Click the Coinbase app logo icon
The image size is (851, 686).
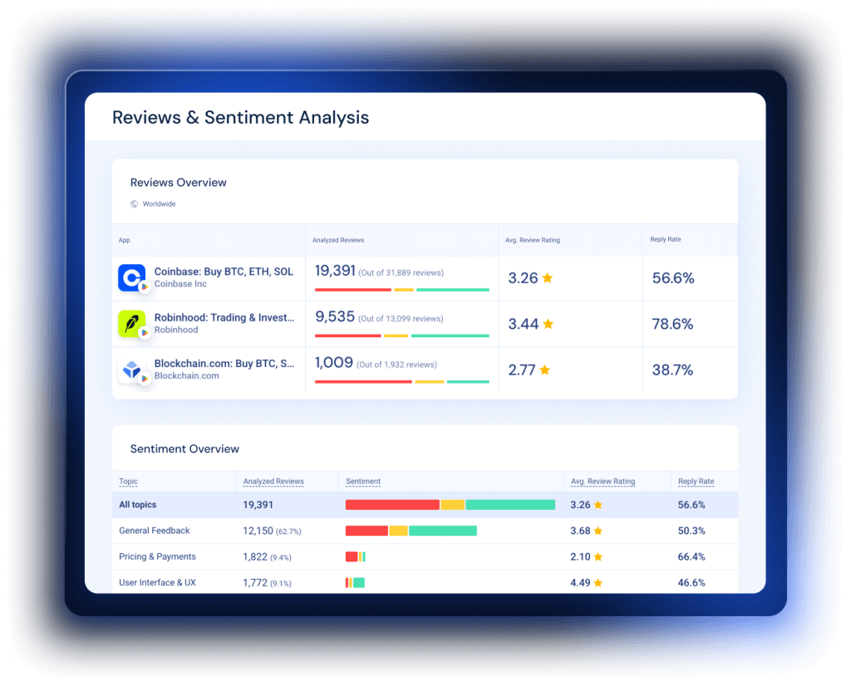click(131, 277)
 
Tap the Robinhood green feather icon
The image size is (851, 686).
click(131, 324)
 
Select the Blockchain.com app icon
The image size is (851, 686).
click(131, 370)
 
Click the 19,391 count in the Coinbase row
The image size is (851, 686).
click(335, 272)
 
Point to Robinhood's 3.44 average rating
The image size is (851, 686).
click(524, 324)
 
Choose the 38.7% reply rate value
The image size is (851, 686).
click(672, 370)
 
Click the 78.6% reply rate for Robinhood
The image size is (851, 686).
click(672, 324)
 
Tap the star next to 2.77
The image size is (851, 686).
click(545, 370)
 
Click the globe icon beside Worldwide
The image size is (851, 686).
click(135, 203)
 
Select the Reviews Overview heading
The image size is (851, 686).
click(178, 183)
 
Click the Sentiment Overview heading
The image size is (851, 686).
click(184, 449)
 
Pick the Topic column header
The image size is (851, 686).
click(129, 482)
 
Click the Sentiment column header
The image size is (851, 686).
click(363, 482)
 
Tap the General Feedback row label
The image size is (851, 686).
click(155, 531)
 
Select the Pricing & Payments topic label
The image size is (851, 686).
click(157, 556)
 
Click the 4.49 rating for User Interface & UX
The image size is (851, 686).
click(580, 583)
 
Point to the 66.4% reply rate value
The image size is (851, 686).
click(691, 556)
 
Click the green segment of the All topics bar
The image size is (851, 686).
click(510, 505)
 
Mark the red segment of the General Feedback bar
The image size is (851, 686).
click(366, 531)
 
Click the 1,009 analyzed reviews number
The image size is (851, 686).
click(333, 363)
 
